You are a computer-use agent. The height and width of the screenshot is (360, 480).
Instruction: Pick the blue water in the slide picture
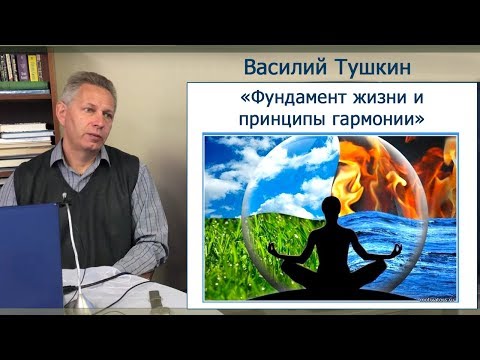(x=420, y=255)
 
